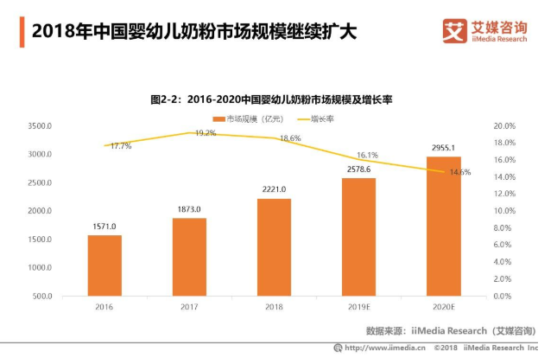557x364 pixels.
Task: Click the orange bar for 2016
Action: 104,265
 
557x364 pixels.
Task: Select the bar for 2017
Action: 189,257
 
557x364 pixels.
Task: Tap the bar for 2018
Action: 274,247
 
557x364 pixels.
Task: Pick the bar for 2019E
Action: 358,237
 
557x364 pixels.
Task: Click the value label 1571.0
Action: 104,227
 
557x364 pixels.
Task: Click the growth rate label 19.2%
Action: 206,133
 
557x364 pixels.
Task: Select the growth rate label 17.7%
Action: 121,146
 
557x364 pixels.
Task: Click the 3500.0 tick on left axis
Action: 41,126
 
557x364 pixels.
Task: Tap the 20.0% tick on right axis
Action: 504,126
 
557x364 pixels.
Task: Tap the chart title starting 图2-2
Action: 271,100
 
